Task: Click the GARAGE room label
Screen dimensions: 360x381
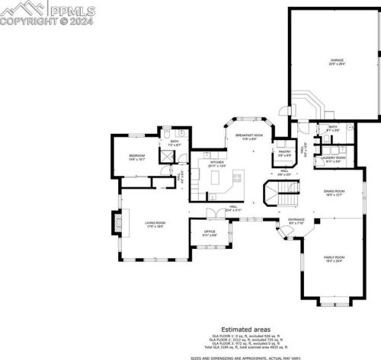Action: point(337,62)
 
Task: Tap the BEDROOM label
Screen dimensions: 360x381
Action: point(136,157)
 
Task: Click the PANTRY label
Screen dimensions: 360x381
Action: point(284,153)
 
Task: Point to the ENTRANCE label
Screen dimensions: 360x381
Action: point(296,221)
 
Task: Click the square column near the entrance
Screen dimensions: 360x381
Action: point(319,222)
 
